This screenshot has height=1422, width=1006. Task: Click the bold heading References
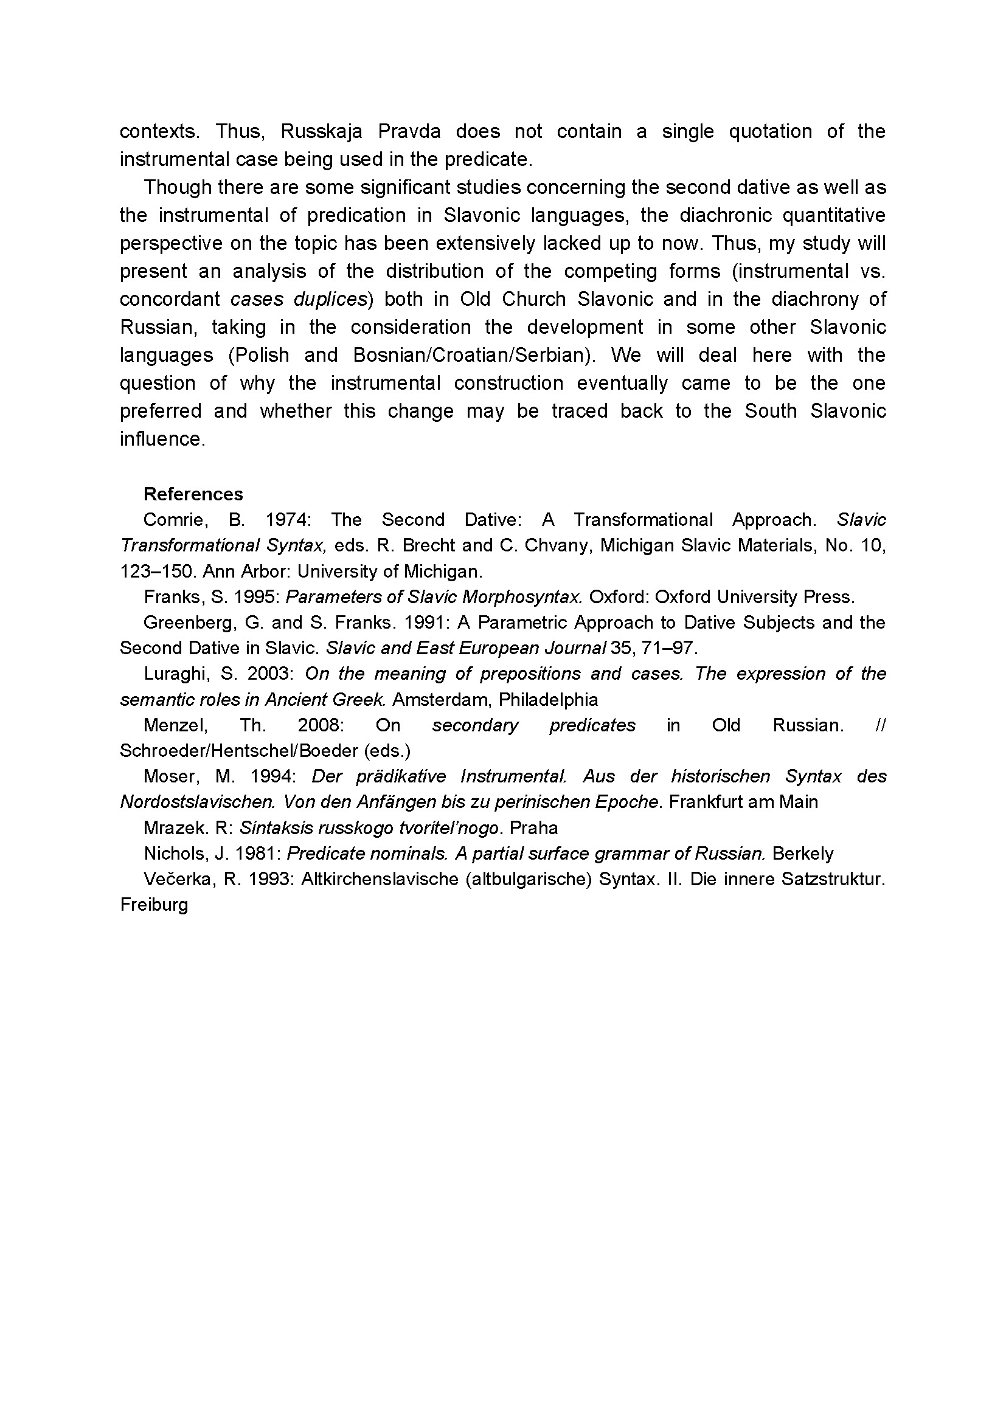pyautogui.click(x=193, y=494)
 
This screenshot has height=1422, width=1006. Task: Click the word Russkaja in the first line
pyautogui.click(x=321, y=131)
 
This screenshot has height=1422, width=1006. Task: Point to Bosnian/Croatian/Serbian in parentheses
pyautogui.click(x=474, y=355)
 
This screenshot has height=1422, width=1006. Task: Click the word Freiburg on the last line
pyautogui.click(x=154, y=905)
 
